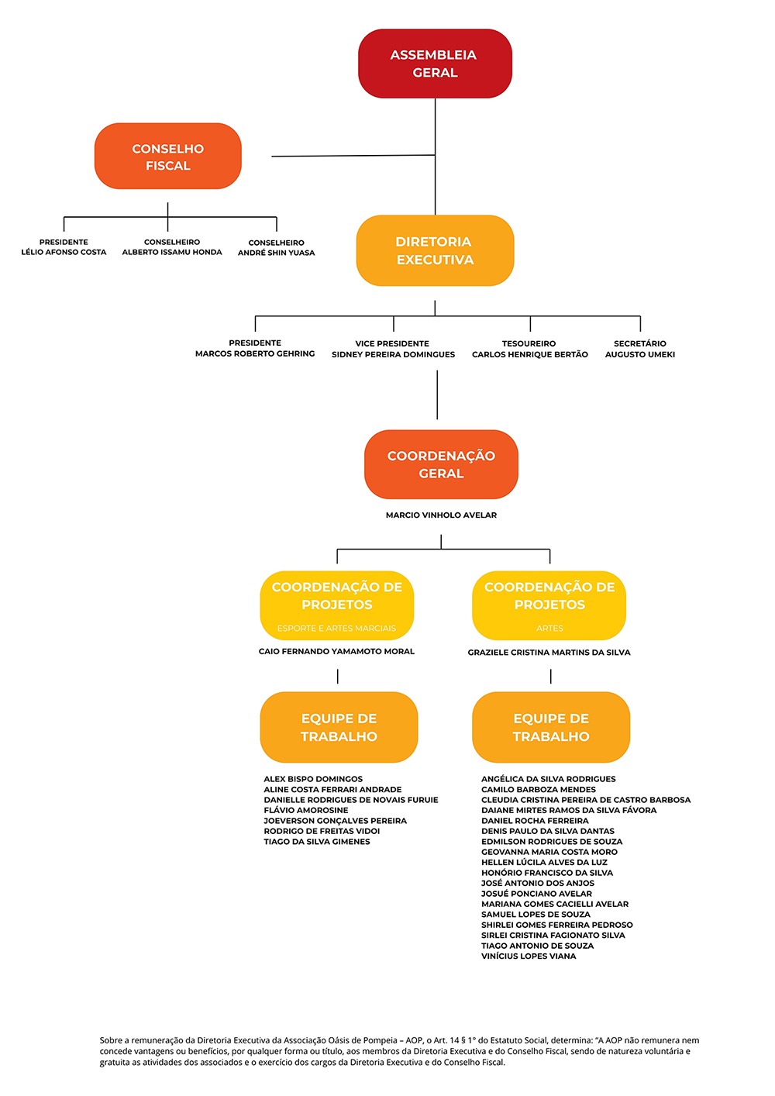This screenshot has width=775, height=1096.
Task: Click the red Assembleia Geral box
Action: click(x=435, y=64)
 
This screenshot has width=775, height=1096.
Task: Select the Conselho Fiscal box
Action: click(x=168, y=156)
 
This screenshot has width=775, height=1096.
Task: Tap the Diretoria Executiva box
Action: click(x=435, y=250)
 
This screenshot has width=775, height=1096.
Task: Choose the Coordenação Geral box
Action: click(x=441, y=464)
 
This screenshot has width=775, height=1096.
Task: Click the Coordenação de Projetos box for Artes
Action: click(x=549, y=605)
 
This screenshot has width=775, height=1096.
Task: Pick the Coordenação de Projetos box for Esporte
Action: click(x=337, y=605)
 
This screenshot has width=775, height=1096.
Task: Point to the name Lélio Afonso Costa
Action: click(x=64, y=253)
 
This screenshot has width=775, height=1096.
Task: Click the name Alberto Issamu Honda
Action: click(x=172, y=253)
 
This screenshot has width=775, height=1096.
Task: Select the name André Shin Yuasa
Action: click(x=277, y=253)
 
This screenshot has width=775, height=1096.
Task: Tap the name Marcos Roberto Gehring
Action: click(x=255, y=354)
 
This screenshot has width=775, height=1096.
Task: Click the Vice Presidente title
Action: click(x=392, y=343)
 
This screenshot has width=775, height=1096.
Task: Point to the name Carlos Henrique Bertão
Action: click(x=530, y=355)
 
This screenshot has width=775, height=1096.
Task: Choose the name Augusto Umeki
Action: click(x=640, y=355)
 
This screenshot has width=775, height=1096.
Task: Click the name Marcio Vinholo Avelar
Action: click(x=441, y=515)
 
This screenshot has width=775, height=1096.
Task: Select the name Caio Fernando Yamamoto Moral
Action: click(x=336, y=652)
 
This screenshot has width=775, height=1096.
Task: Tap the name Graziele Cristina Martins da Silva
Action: click(x=549, y=653)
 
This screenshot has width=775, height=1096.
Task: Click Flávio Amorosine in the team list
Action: click(x=306, y=811)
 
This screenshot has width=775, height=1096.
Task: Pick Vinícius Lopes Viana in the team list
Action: click(x=529, y=956)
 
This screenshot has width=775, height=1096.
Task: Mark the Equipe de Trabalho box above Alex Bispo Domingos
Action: click(x=339, y=727)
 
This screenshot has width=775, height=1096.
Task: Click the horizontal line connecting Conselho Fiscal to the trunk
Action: click(x=353, y=156)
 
